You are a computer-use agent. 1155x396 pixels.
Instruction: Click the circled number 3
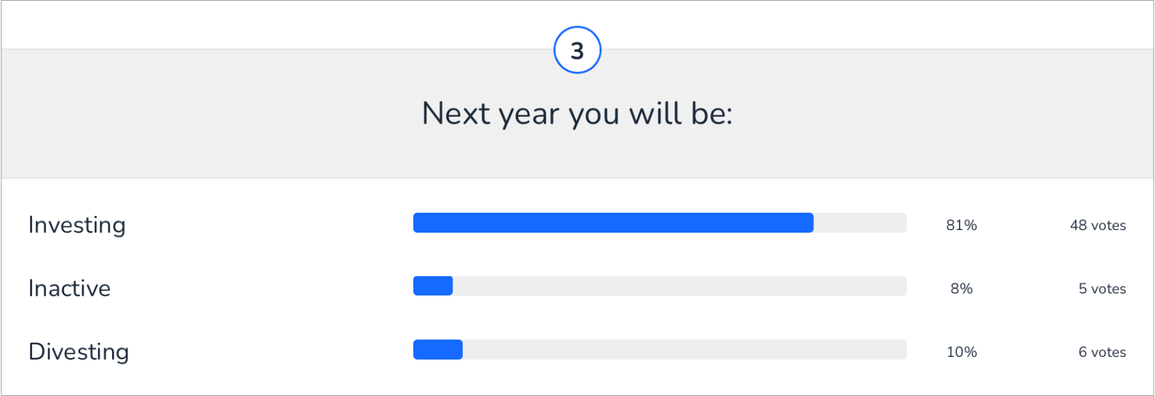tap(577, 50)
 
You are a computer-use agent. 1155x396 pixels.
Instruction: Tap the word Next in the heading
tap(456, 114)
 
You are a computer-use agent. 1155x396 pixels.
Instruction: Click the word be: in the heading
tap(711, 114)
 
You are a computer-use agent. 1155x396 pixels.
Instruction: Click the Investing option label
tap(77, 226)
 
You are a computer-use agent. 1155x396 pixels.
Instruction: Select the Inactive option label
tap(69, 288)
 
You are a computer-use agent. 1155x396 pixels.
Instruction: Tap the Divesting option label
tap(79, 352)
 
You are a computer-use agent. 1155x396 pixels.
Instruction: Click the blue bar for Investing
tap(613, 223)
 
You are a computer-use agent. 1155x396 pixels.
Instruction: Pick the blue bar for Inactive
tap(433, 286)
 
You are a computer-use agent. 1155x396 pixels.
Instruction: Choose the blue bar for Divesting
tap(438, 349)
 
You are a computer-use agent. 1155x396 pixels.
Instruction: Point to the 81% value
tap(961, 226)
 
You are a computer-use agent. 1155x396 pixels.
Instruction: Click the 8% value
tap(961, 288)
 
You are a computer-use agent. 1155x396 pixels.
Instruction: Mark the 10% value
tap(961, 352)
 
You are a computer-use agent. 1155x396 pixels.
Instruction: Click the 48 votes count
tap(1097, 226)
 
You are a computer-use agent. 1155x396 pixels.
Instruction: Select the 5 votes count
tap(1102, 288)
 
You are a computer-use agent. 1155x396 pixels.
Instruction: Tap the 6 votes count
tap(1102, 352)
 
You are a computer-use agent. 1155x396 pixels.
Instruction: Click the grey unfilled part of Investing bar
tap(860, 223)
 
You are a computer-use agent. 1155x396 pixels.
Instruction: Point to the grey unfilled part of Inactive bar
tap(679, 286)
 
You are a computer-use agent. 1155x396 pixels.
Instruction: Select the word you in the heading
tap(594, 115)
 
